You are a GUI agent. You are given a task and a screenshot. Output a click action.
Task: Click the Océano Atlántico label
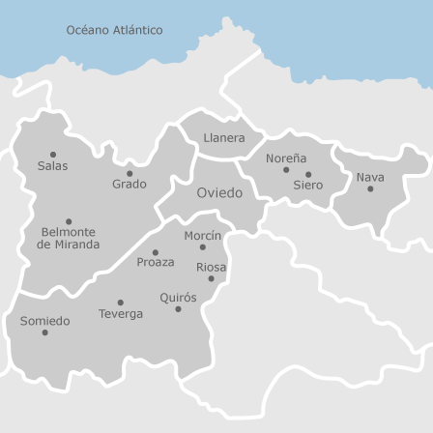pos(114,30)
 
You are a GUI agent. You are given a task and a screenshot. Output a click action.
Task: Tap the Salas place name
pos(52,166)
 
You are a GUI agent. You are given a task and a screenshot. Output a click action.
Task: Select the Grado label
pos(129,185)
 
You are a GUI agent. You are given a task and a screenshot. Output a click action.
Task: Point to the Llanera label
pos(223,138)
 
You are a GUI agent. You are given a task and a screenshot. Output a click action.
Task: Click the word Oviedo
pos(219,193)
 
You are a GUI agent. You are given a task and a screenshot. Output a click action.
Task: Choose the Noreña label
pos(286,158)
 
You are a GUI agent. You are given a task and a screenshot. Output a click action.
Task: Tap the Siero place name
pos(307,186)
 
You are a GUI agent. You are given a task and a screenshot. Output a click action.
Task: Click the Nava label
pos(369,177)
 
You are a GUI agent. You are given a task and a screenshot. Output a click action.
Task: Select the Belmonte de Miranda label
pos(68,239)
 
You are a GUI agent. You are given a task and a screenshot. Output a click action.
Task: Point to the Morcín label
pos(202,236)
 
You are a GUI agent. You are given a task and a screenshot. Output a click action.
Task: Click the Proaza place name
pos(155,262)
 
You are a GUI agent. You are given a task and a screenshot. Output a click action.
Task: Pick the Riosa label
pos(211,267)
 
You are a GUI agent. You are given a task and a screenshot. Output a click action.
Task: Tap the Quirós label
pos(178,298)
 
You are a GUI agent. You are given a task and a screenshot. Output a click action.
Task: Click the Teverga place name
pos(120,314)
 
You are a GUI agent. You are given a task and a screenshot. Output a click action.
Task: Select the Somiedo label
pos(44,321)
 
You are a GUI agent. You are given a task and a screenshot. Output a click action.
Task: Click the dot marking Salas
pos(53,155)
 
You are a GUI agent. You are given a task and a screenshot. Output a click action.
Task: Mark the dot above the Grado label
pos(130,174)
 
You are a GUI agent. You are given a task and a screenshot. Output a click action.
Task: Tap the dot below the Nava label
pos(370,188)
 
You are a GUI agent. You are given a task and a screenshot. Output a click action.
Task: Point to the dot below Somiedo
pos(44,332)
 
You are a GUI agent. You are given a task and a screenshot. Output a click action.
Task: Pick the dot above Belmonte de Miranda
pos(69,221)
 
